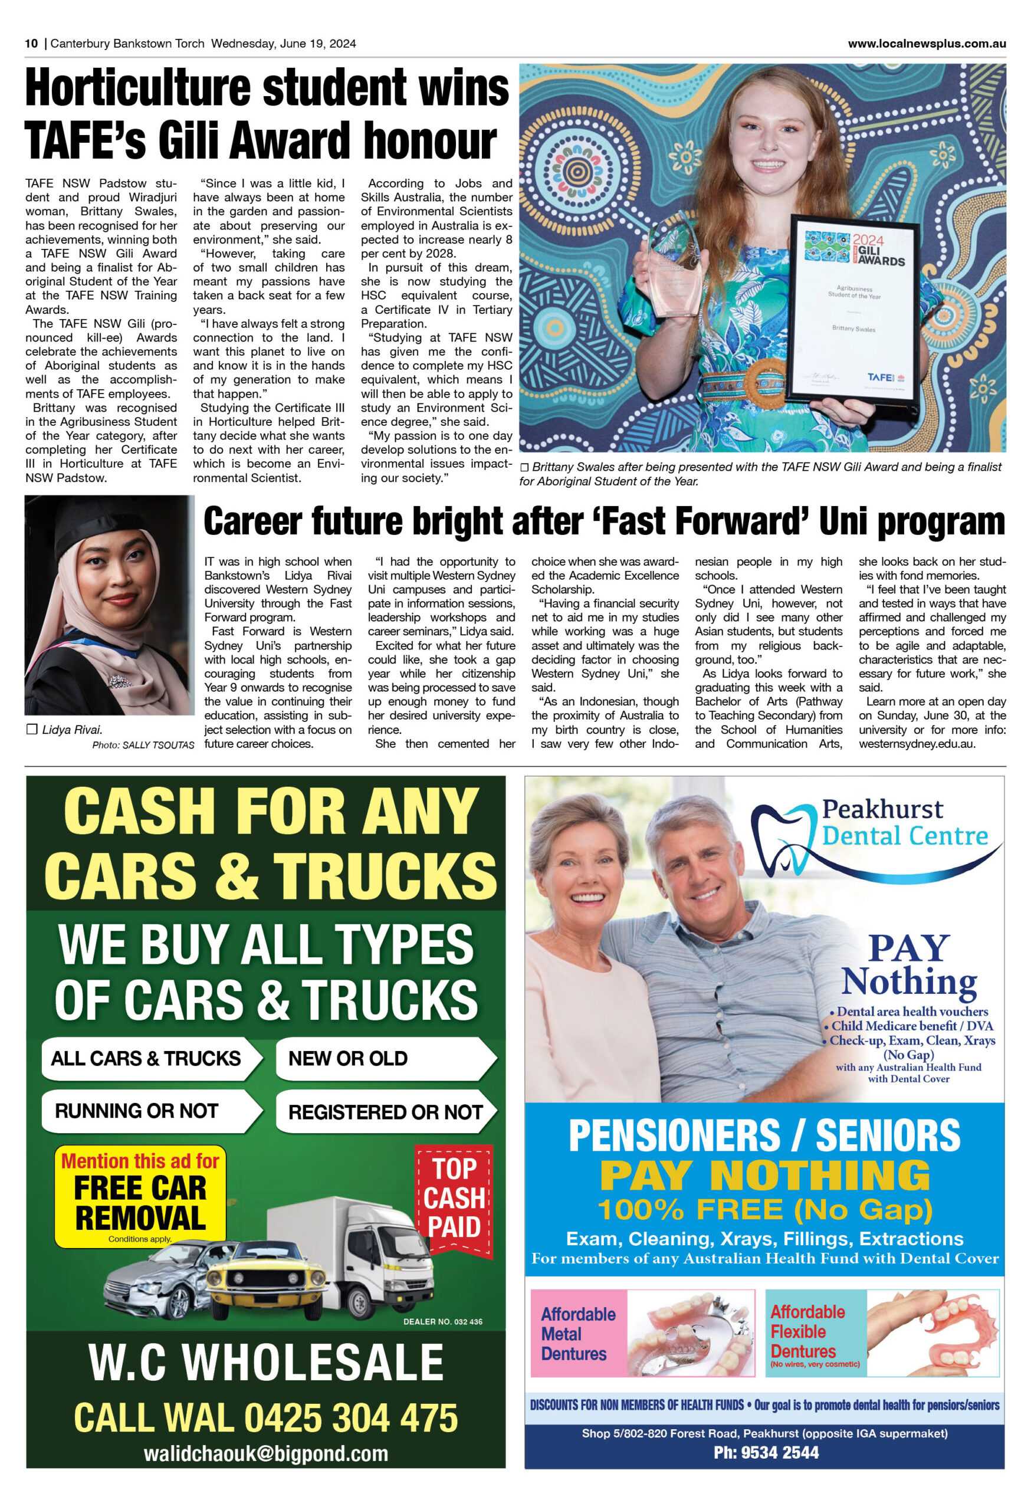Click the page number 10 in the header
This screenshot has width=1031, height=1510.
(x=31, y=44)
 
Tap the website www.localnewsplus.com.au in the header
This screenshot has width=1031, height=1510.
(x=927, y=44)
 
